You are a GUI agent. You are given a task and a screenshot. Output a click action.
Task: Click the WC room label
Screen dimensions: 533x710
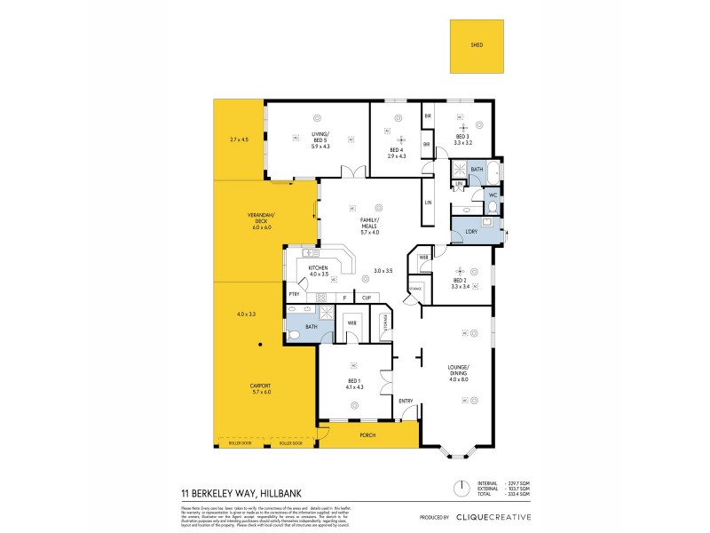(x=491, y=195)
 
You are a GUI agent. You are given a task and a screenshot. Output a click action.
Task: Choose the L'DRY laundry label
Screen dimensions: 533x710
(x=470, y=232)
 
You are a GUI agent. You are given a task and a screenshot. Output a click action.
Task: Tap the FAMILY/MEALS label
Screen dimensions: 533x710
(x=369, y=222)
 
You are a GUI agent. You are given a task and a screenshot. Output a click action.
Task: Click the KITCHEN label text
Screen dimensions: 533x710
(x=318, y=267)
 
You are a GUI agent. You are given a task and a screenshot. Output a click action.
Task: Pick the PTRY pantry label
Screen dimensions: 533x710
(x=293, y=294)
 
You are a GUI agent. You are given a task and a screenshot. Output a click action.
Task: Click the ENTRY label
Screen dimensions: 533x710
(x=406, y=400)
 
